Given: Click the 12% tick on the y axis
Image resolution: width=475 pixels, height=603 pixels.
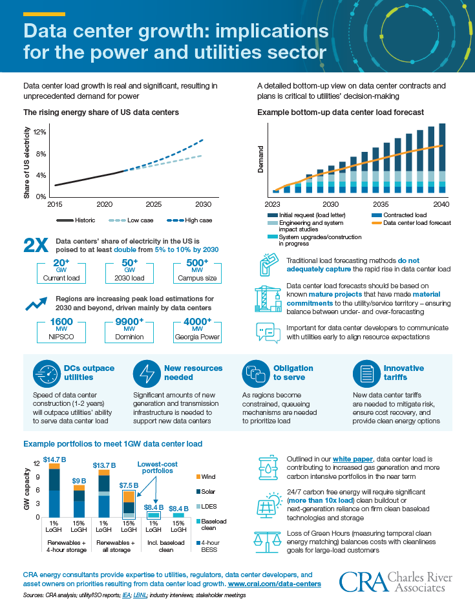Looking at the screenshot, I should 38,132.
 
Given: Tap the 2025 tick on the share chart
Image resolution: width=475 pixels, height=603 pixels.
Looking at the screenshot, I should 153,204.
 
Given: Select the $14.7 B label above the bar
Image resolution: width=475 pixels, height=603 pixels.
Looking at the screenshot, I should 54,459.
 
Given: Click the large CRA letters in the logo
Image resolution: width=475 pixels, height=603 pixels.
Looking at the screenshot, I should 361,581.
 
